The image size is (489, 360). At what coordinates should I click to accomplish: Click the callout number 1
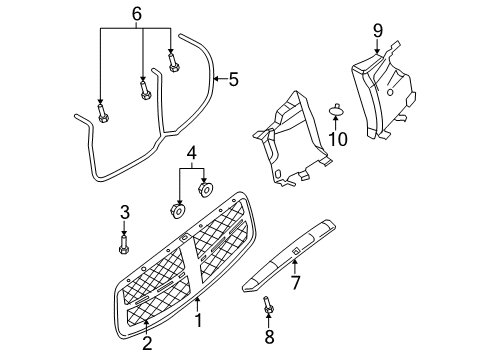[198, 321]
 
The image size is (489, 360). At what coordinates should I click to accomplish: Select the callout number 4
[192, 153]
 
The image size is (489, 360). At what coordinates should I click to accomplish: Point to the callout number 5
[233, 78]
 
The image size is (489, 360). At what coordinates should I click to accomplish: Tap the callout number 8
[267, 338]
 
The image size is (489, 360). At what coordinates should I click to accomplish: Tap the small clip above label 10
[337, 107]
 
